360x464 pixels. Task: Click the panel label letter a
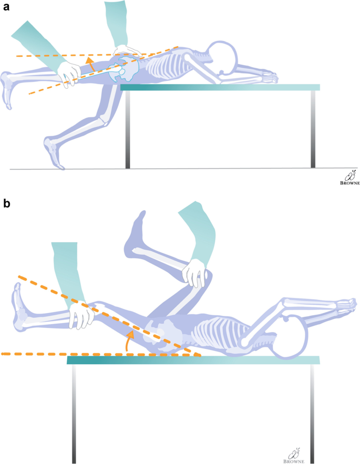click(7, 8)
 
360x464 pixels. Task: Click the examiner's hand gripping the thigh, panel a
click(70, 74)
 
